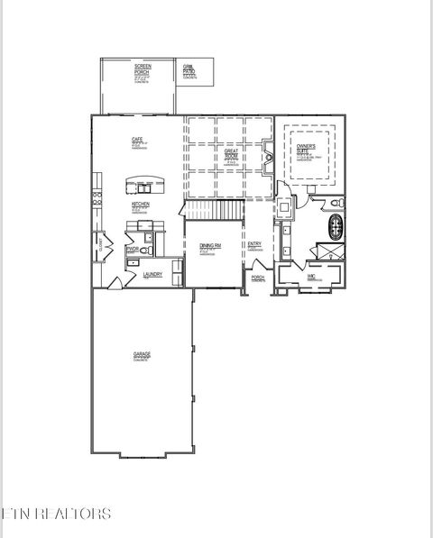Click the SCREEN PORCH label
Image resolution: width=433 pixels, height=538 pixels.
[143, 68]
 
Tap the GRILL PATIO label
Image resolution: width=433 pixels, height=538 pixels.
[189, 68]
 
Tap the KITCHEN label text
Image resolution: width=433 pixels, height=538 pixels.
[141, 205]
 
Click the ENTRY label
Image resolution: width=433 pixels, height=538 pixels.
[255, 244]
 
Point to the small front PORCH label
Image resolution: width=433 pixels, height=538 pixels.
[257, 278]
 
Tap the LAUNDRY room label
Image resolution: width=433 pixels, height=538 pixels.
[152, 275]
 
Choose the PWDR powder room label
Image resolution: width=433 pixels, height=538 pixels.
[133, 249]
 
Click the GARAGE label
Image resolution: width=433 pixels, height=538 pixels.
[142, 355]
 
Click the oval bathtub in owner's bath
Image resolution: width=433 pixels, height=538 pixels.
[336, 224]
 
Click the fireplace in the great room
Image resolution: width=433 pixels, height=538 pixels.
[268, 162]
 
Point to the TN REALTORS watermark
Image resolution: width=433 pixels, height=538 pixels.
[56, 514]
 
